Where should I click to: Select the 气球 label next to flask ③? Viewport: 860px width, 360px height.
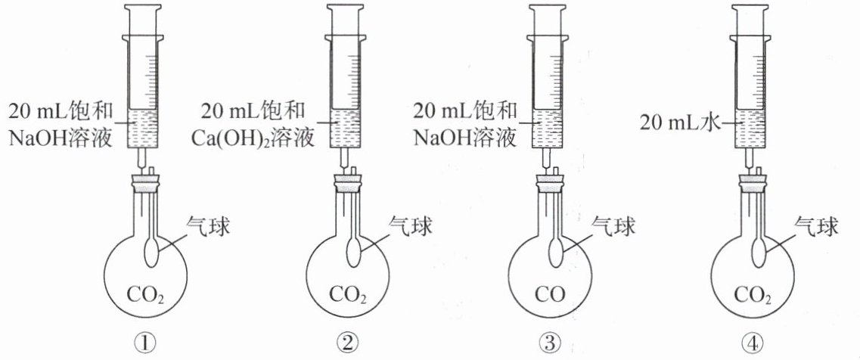pyautogui.click(x=611, y=225)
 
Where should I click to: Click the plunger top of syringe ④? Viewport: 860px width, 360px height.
pyautogui.click(x=752, y=8)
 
